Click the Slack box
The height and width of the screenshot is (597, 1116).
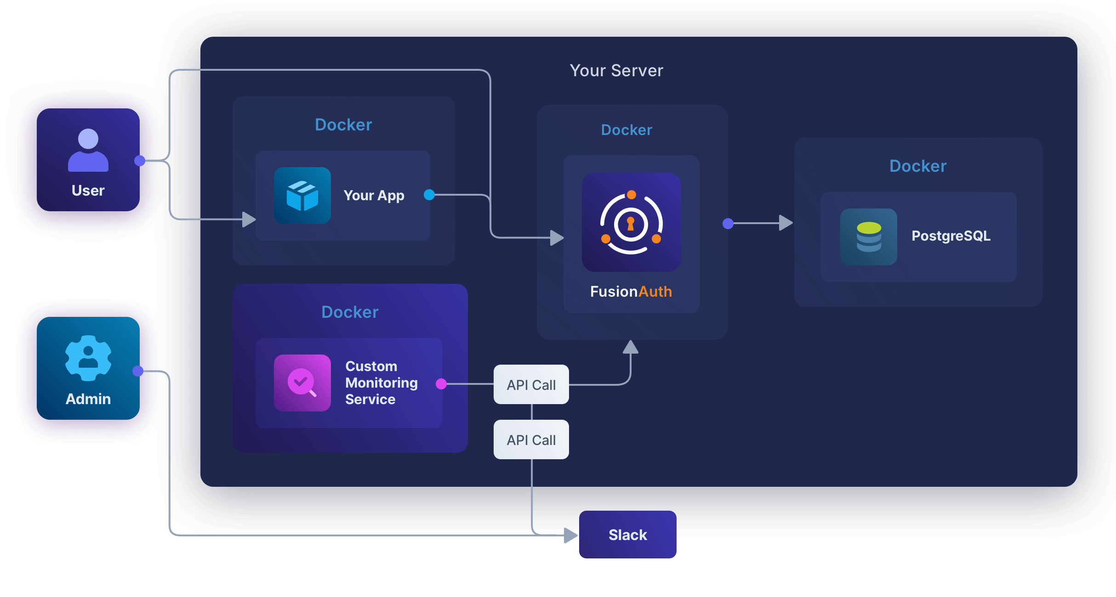pos(627,535)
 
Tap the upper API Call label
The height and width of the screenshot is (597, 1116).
pos(531,385)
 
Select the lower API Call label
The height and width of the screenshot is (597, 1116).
pos(531,440)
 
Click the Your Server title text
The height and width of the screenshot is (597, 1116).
pos(616,71)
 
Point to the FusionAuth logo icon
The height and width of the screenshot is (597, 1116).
pos(631,222)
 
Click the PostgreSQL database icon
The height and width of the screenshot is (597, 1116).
pos(868,237)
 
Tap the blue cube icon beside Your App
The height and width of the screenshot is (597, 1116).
pos(302,196)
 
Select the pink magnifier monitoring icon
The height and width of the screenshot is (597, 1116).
pos(302,383)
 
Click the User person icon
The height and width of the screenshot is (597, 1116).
pos(88,151)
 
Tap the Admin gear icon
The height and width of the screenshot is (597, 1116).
pos(88,358)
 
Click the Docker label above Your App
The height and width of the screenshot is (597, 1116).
pos(343,125)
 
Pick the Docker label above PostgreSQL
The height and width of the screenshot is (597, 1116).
pos(917,166)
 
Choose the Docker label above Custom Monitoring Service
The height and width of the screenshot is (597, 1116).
pos(350,312)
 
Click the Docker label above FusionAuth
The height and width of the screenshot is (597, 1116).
pos(626,130)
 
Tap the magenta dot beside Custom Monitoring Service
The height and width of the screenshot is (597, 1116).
pos(441,384)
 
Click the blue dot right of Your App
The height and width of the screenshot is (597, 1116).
pos(429,195)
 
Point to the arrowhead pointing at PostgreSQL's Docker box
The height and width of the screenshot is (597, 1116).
pos(786,223)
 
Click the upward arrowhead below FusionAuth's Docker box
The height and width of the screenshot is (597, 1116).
pos(631,347)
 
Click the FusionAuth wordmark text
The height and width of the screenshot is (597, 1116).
pos(631,292)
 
